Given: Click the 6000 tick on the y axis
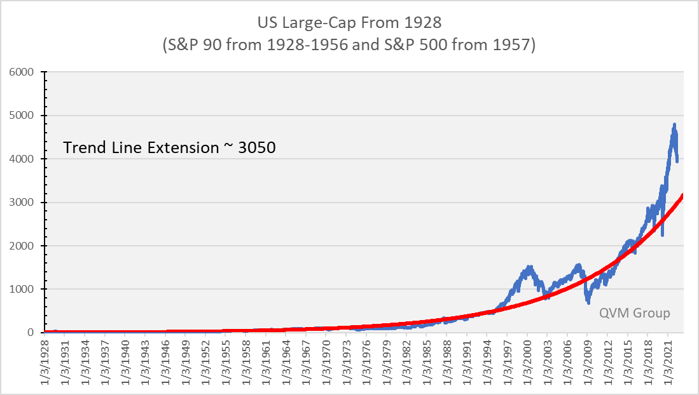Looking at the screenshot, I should [27, 72].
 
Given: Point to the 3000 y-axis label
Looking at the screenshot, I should [27, 203].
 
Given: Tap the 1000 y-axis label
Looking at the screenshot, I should [27, 289].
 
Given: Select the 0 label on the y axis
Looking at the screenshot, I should [36, 333].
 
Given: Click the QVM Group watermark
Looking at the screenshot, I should [635, 313].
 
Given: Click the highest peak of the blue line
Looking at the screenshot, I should [674, 124].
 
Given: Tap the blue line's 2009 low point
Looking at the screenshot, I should [588, 303].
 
